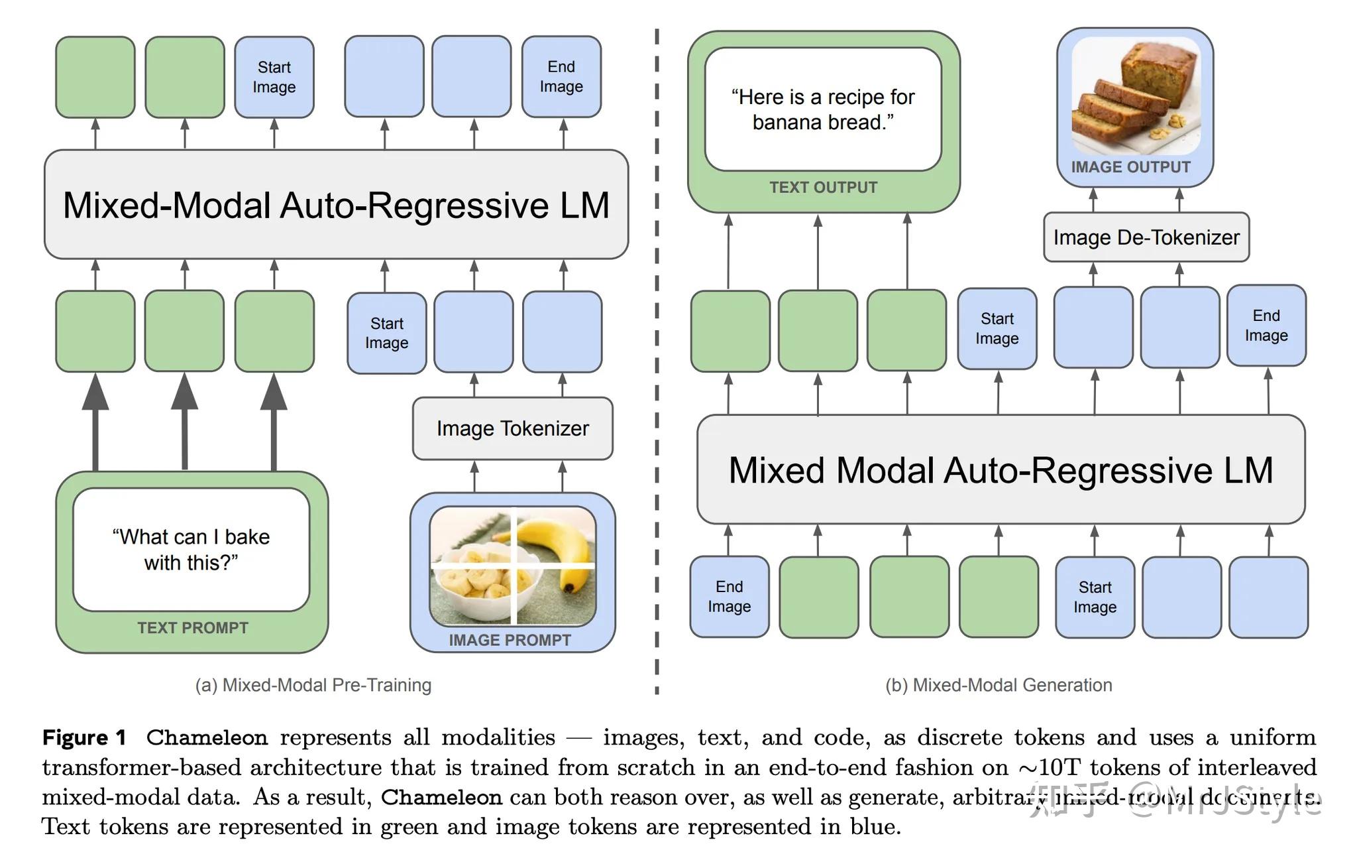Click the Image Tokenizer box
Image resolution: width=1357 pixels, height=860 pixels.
click(512, 428)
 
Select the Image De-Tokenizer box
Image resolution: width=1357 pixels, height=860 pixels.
click(1146, 237)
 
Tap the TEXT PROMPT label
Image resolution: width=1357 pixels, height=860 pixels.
click(193, 628)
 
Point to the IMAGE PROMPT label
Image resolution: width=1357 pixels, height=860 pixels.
click(510, 640)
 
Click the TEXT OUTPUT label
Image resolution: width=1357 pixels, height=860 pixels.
click(823, 188)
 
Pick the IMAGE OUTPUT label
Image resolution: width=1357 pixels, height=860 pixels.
click(1130, 167)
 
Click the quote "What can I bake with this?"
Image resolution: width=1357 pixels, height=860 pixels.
click(191, 550)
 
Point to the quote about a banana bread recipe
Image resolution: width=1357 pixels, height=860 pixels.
click(823, 110)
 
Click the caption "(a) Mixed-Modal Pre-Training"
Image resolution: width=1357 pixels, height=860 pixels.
click(313, 685)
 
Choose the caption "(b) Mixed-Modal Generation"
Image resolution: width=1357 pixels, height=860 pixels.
click(999, 685)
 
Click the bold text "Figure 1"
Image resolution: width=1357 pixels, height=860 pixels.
click(84, 737)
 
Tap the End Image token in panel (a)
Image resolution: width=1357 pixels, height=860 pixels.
click(561, 77)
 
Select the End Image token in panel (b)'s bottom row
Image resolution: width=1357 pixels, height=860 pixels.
click(729, 597)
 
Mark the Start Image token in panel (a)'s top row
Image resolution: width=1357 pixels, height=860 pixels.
click(274, 78)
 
